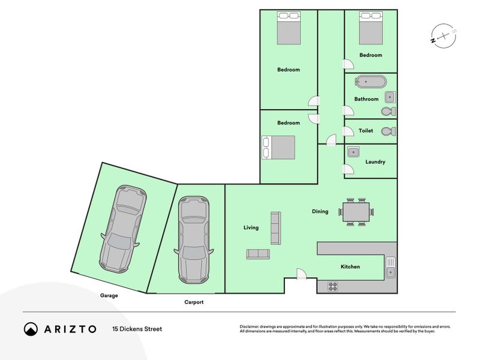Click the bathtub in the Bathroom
coord(370,82)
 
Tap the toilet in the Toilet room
coord(388,131)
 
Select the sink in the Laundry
coord(353,152)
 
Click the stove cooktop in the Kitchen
coord(333,287)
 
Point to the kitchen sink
coord(391,267)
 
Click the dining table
coord(356,212)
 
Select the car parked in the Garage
coord(123,229)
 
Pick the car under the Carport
coord(194,240)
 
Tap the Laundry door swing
coord(349,169)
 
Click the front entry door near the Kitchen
coord(301,274)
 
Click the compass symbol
coord(443,36)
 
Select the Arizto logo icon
coord(31,329)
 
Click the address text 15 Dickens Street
coord(137,329)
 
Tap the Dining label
coord(320,211)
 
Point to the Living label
coord(251,227)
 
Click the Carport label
coord(194,302)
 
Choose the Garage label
coord(109,295)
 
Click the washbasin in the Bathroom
coord(389,97)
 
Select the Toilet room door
coord(349,131)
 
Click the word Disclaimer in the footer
coord(249,326)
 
